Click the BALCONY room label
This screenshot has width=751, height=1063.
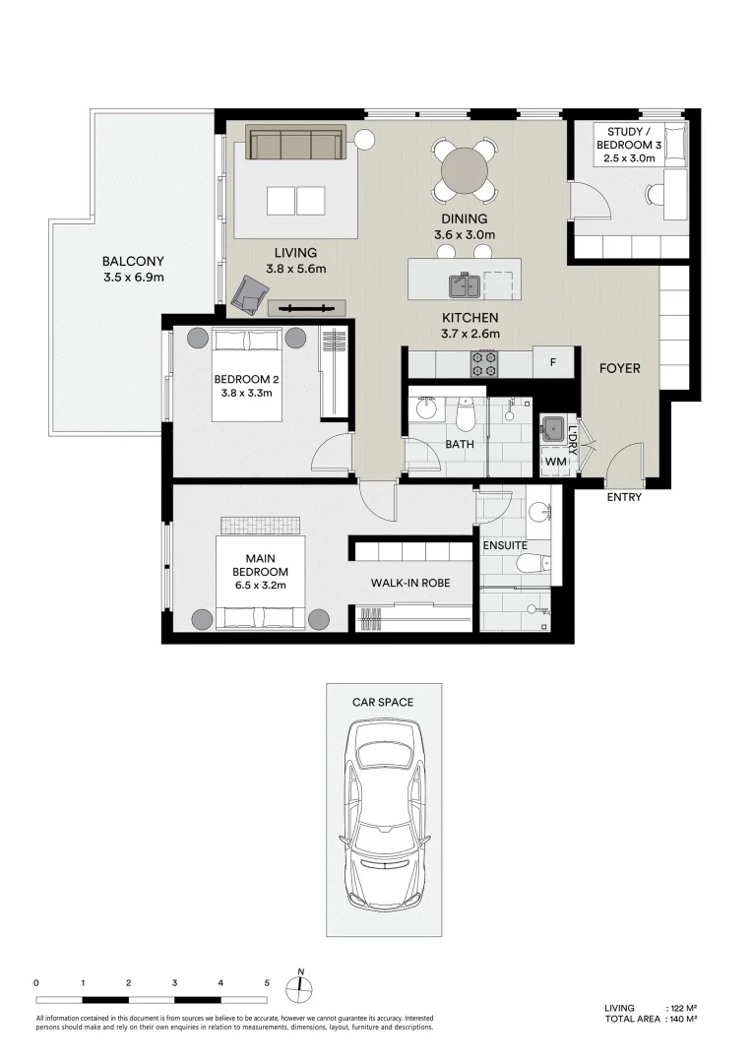tap(133, 262)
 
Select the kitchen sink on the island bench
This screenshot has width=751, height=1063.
tap(464, 285)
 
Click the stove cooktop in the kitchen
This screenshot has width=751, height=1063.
tap(485, 364)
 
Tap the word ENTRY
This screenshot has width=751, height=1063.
tap(624, 497)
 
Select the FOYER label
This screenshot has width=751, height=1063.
tap(620, 369)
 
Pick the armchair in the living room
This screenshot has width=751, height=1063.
tap(250, 291)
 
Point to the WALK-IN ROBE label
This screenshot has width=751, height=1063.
tap(410, 583)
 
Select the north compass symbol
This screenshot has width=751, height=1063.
tap(301, 987)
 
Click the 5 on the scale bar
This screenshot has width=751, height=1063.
tap(267, 983)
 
